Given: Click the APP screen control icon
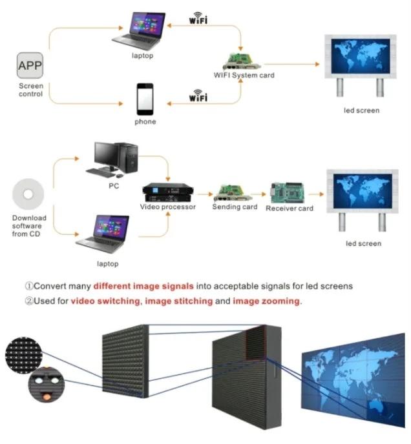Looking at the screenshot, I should tap(29, 66).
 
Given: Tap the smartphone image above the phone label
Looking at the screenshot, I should tap(145, 99).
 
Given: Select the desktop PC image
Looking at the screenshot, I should tap(116, 159).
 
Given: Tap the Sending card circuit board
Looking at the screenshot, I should tap(233, 192).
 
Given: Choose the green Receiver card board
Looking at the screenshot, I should tap(288, 192).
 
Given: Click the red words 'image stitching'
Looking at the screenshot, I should tap(179, 301).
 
